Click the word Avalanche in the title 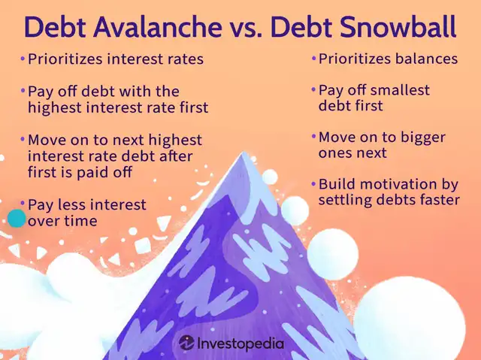click(158, 27)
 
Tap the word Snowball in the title click(398, 27)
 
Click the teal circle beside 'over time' click(17, 219)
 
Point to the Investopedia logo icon click(187, 343)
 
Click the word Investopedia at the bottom click(241, 343)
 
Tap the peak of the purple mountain click(244, 152)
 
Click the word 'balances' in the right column click(426, 59)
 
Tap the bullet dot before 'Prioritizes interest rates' click(23, 58)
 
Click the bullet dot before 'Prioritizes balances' click(313, 58)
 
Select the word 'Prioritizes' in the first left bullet click(65, 59)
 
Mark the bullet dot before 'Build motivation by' click(313, 183)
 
